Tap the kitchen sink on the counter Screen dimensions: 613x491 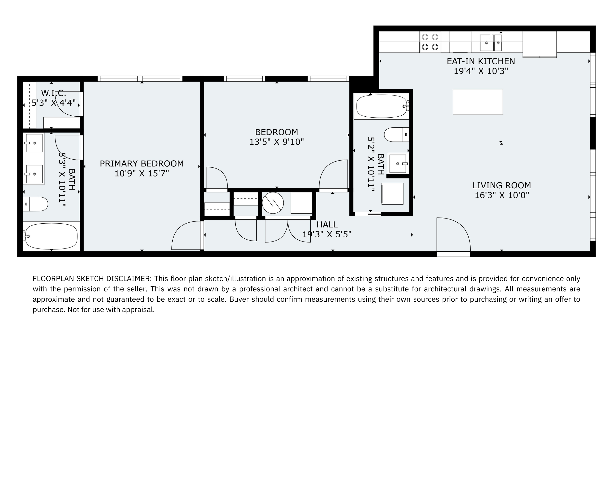(x=491, y=42)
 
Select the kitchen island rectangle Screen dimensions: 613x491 (x=478, y=102)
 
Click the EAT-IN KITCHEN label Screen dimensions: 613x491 (x=481, y=61)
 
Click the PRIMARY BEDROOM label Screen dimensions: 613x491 (x=141, y=164)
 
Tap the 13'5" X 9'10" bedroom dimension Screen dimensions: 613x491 (x=277, y=142)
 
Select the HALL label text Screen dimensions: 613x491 (x=327, y=225)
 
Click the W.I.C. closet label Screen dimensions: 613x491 (x=53, y=93)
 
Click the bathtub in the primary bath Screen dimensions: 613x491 (x=51, y=236)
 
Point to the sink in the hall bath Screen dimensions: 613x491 (x=398, y=164)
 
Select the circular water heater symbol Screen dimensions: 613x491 (x=273, y=203)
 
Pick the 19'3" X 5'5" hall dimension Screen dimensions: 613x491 (x=327, y=234)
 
